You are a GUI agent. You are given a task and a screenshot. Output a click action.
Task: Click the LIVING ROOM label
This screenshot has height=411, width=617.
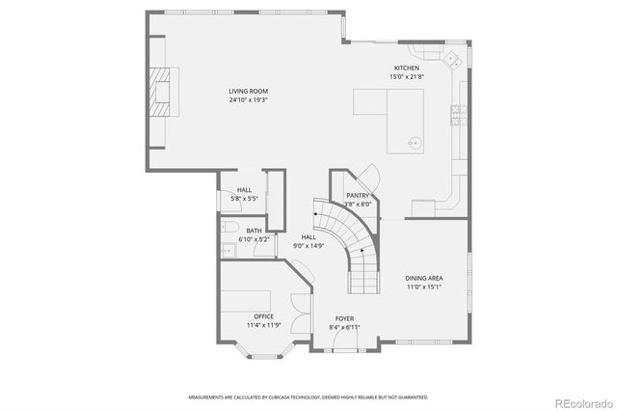tap(247, 92)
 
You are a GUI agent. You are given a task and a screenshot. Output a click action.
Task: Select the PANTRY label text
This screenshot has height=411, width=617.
tap(358, 196)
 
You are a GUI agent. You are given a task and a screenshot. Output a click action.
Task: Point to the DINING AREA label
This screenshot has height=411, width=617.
tap(423, 278)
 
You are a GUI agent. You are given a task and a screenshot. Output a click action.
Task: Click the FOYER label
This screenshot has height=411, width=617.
tap(344, 318)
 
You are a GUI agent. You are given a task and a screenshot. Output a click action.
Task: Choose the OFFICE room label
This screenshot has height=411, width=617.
tap(263, 316)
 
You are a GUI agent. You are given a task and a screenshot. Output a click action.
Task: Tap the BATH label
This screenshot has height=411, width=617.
tap(254, 231)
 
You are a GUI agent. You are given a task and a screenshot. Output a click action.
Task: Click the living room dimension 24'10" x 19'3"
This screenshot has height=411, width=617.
tap(247, 99)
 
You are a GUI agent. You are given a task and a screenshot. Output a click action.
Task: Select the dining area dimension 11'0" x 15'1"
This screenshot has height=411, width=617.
tap(423, 286)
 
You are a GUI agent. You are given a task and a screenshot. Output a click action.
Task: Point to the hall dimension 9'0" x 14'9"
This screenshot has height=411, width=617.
tap(308, 245)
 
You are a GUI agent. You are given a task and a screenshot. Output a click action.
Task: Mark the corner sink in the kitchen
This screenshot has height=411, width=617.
tap(450, 58)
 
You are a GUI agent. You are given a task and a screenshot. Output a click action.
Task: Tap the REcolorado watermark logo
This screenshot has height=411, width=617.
tap(580, 401)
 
